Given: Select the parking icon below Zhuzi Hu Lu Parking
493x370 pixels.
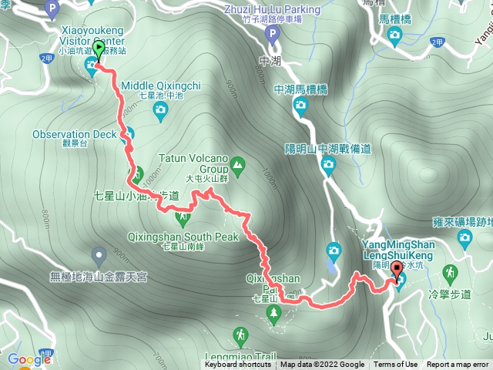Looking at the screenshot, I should pos(270,35).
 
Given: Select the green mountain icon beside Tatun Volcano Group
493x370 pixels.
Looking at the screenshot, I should pos(238,163).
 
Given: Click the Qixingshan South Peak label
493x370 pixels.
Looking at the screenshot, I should pos(185,237).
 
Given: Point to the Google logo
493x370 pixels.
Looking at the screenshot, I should pos(29,359).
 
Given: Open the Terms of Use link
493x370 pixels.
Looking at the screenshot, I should pos(396,365).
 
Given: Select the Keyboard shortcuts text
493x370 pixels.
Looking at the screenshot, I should pos(238,365).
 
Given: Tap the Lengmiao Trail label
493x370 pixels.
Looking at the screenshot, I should pos(242,357).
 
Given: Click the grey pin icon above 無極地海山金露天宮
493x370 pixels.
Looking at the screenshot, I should pos(99,255).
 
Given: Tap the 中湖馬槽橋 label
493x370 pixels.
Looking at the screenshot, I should pos(300,89).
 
